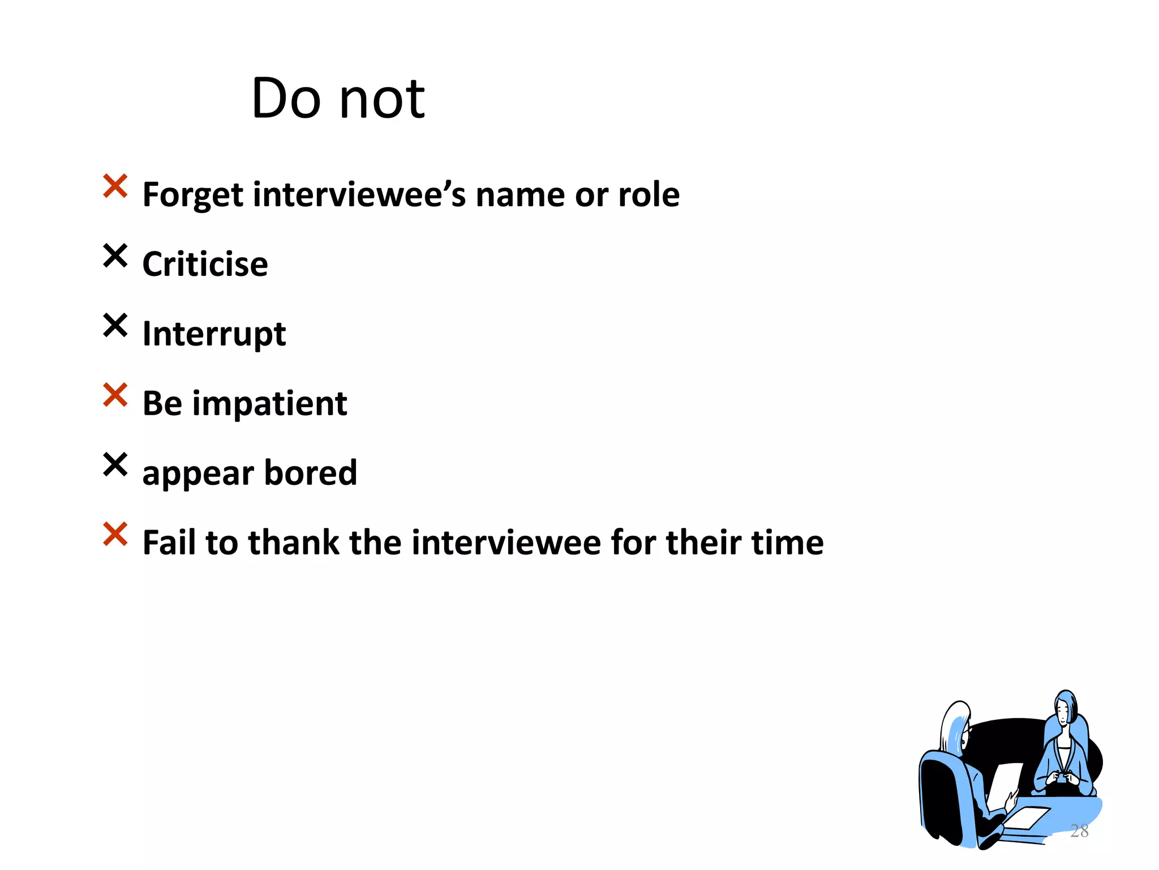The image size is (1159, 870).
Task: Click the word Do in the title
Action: [x=285, y=99]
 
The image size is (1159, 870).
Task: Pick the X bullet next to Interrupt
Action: [x=115, y=325]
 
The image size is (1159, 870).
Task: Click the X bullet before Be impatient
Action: [x=115, y=395]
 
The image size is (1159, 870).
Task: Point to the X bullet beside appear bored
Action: [x=115, y=464]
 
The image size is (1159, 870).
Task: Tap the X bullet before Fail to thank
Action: [x=115, y=534]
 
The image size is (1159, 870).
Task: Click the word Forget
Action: [x=192, y=195]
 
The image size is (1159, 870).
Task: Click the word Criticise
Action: [x=205, y=265]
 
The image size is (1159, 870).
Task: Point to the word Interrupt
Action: [x=214, y=334]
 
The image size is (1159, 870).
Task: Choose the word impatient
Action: [x=269, y=404]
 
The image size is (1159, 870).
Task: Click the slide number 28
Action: [x=1079, y=831]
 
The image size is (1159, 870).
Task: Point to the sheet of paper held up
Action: [x=1004, y=784]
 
